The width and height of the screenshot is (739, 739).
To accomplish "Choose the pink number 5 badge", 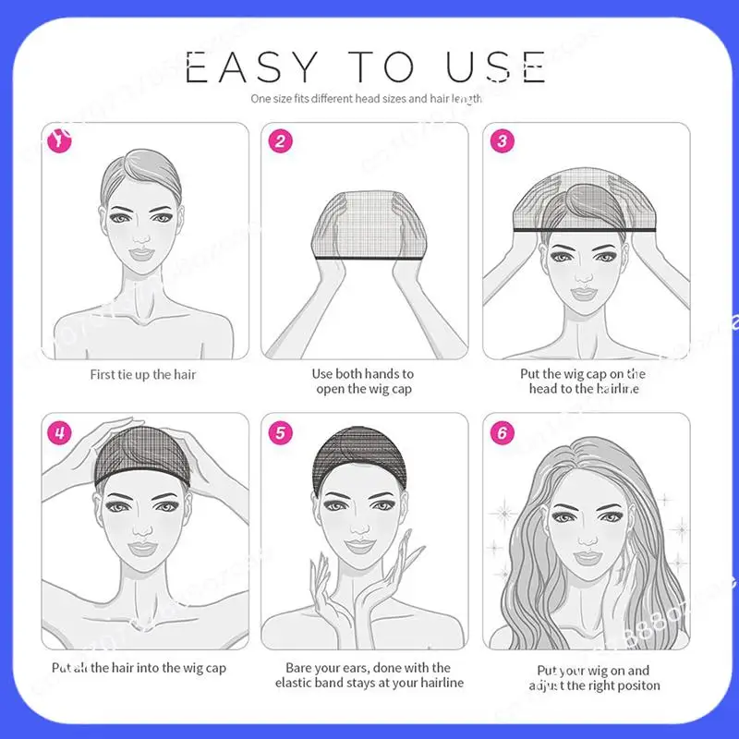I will click(x=279, y=431).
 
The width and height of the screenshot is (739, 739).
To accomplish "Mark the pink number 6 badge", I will click(x=502, y=431).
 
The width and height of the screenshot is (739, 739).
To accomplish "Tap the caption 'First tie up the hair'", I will click(x=143, y=374).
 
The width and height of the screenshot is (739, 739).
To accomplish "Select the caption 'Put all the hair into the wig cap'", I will click(x=139, y=667).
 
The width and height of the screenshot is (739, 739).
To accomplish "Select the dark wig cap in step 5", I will click(x=362, y=454).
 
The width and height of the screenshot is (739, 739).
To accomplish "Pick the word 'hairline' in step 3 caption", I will click(x=616, y=389).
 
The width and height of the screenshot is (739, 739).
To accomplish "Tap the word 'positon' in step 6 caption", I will click(x=635, y=685).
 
